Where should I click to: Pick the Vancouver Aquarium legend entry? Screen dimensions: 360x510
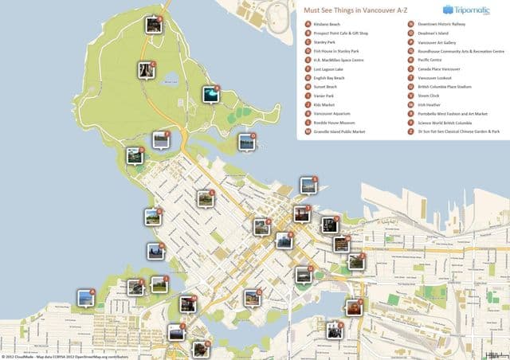[x=335, y=113]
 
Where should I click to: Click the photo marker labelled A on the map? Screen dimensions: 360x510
[x=85, y=298]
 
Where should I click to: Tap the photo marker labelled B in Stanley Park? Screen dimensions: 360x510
[x=154, y=25]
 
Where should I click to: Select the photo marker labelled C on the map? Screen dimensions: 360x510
[x=146, y=71]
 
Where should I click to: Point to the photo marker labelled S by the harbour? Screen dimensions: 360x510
[x=308, y=186]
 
